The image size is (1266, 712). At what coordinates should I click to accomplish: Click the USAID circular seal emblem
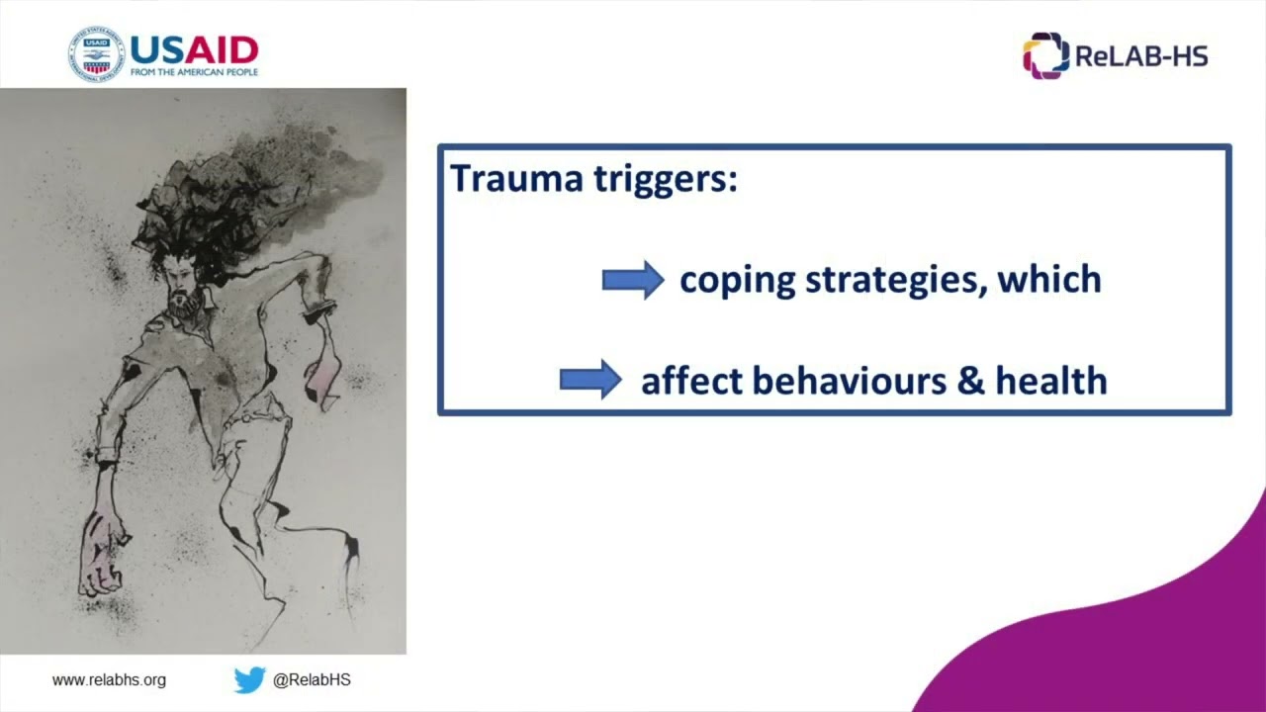96,54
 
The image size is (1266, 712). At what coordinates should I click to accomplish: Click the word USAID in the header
194,49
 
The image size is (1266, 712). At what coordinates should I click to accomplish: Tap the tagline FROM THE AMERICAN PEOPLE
194,72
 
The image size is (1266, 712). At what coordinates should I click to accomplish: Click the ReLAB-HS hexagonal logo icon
1045,55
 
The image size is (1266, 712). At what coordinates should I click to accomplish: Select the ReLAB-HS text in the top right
1141,56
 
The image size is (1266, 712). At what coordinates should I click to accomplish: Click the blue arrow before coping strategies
632,281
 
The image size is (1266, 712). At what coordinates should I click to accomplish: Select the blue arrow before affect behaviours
590,380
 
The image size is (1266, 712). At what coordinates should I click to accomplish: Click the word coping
737,281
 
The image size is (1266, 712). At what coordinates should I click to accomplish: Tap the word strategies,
896,281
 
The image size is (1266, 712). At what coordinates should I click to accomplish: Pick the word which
1049,279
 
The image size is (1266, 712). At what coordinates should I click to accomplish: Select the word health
1050,381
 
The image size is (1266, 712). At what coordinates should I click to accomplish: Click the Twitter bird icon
249,680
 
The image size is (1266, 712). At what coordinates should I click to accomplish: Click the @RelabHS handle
312,680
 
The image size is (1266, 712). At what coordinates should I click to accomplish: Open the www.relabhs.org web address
109,680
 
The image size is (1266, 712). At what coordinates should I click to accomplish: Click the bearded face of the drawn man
184,287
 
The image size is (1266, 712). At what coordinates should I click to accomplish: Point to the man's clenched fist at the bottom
101,569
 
